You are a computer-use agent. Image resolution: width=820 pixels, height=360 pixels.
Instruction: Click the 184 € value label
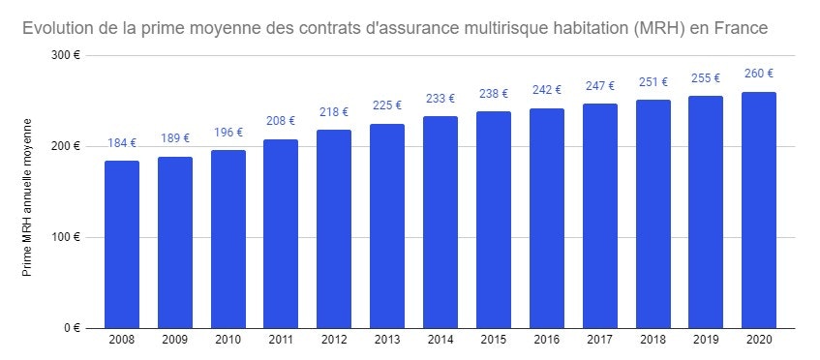tap(122, 143)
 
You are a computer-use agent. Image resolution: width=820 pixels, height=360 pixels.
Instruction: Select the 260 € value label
tap(759, 74)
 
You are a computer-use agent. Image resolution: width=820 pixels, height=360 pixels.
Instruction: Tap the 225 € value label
tap(387, 106)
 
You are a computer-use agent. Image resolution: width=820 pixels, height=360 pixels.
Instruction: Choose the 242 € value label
tap(547, 90)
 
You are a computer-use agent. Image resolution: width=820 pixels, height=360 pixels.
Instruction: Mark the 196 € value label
tap(228, 133)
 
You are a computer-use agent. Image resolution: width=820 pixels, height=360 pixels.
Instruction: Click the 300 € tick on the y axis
tap(65, 55)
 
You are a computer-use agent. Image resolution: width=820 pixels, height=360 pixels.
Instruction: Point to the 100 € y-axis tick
tap(65, 237)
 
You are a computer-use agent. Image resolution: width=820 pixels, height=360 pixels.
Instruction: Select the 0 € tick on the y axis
tap(71, 328)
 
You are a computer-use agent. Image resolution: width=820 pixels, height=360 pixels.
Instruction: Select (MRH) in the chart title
tap(659, 29)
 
